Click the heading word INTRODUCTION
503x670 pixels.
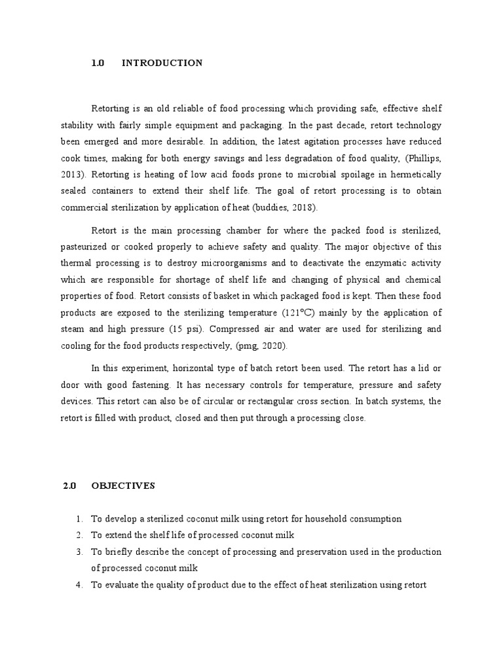[x=162, y=63]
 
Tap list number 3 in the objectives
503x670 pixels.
[x=79, y=552]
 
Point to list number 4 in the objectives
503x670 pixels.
[x=79, y=584]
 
